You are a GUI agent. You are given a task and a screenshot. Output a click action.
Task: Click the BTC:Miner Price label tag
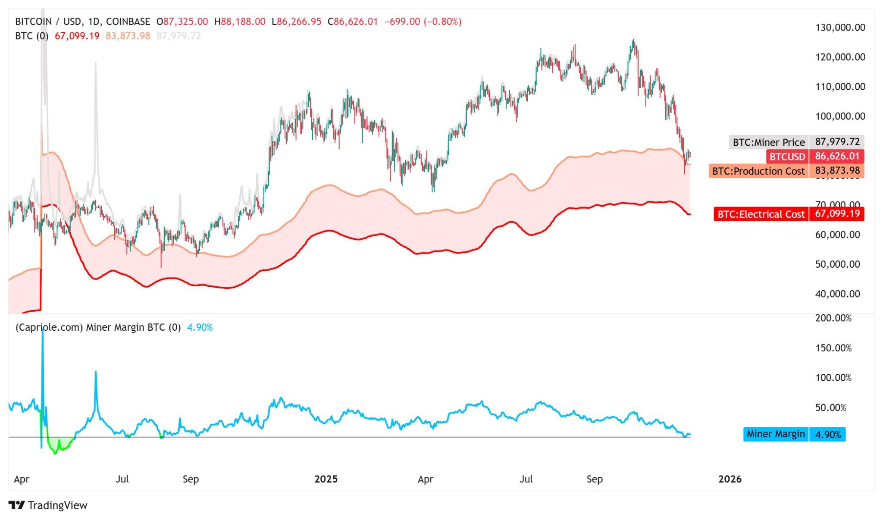(769, 142)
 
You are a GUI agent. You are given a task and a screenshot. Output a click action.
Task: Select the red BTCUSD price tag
(787, 157)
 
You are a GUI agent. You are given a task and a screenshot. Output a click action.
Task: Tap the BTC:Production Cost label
(758, 171)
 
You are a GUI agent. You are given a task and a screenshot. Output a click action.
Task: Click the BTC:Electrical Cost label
(761, 214)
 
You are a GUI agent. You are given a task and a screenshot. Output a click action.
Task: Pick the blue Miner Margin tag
(776, 434)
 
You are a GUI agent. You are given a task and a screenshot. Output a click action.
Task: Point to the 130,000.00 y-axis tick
(840, 28)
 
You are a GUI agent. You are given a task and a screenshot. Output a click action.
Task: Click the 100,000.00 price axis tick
(840, 116)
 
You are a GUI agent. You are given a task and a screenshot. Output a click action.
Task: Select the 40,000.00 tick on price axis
(837, 294)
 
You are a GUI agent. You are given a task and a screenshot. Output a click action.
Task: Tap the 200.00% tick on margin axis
(833, 318)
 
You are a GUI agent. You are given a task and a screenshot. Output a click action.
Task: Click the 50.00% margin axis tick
(830, 408)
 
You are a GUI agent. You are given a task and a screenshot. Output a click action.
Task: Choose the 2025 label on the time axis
(326, 479)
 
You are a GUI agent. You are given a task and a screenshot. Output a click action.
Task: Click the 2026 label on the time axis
(730, 479)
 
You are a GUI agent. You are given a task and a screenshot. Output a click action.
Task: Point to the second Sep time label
(594, 479)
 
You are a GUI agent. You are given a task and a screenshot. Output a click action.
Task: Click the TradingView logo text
(57, 505)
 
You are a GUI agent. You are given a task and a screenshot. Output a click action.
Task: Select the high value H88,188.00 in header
(240, 22)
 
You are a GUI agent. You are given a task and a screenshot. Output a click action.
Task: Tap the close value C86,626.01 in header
(352, 22)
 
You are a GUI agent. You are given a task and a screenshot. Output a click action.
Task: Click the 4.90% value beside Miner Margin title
(200, 328)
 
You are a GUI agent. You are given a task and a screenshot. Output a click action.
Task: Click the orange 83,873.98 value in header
(128, 36)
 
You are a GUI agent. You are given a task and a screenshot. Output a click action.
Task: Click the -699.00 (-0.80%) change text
(423, 22)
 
